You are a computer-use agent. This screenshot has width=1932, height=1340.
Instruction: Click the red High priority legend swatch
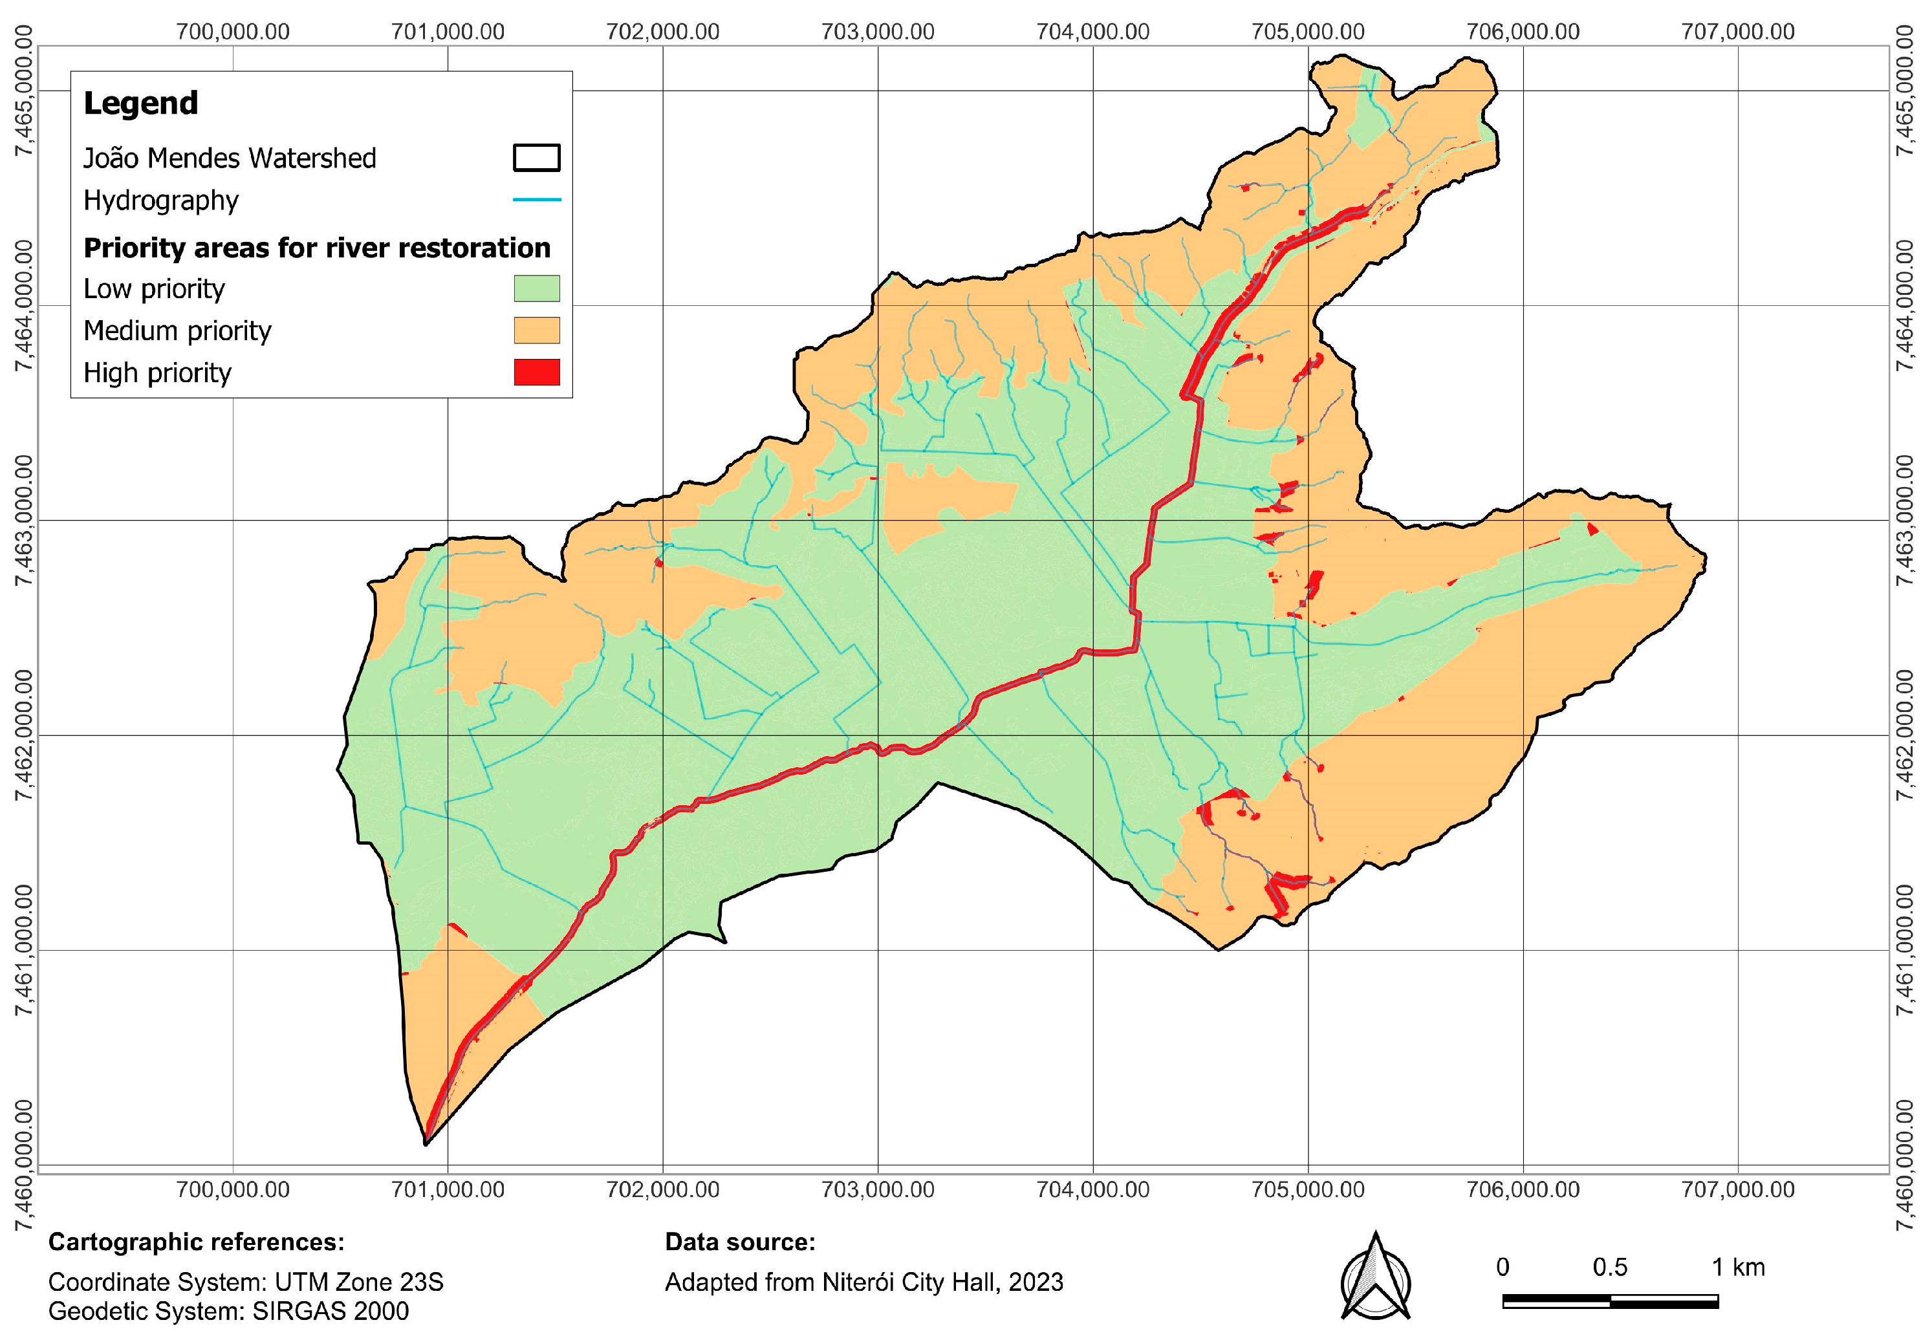point(537,372)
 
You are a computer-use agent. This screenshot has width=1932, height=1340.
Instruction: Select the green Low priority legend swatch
point(537,288)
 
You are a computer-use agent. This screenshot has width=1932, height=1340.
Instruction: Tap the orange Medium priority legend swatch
point(537,330)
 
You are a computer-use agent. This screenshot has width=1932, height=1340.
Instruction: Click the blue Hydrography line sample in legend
point(537,200)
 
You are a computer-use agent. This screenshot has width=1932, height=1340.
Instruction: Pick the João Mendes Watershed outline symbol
point(537,158)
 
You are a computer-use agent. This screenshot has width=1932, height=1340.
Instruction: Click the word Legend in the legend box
point(141,103)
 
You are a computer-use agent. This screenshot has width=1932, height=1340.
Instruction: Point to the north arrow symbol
point(1375,1276)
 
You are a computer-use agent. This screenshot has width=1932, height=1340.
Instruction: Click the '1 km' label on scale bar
point(1738,1267)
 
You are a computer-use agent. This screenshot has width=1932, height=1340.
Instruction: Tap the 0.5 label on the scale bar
point(1610,1267)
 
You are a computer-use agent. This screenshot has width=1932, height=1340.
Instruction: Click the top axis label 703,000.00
point(878,32)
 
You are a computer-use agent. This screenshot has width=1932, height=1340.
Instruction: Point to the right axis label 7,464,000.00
point(1907,306)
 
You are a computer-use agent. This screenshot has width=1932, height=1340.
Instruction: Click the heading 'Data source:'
point(740,1242)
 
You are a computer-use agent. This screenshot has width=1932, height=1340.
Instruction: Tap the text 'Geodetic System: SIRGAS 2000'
point(228,1311)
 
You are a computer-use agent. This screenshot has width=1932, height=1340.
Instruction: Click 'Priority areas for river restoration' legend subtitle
point(316,248)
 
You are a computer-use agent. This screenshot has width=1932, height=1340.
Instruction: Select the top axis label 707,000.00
point(1738,32)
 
